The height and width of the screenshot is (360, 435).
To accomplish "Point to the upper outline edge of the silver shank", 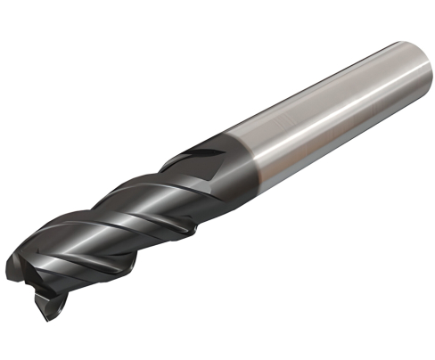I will [x=330, y=76].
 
